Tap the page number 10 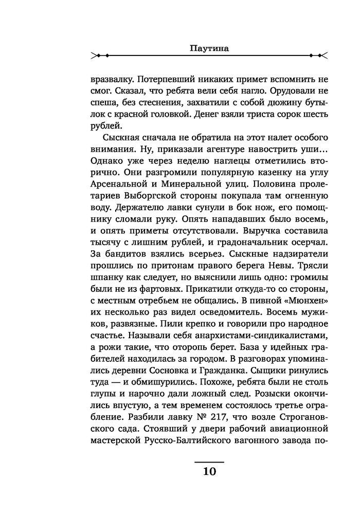[209, 472]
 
